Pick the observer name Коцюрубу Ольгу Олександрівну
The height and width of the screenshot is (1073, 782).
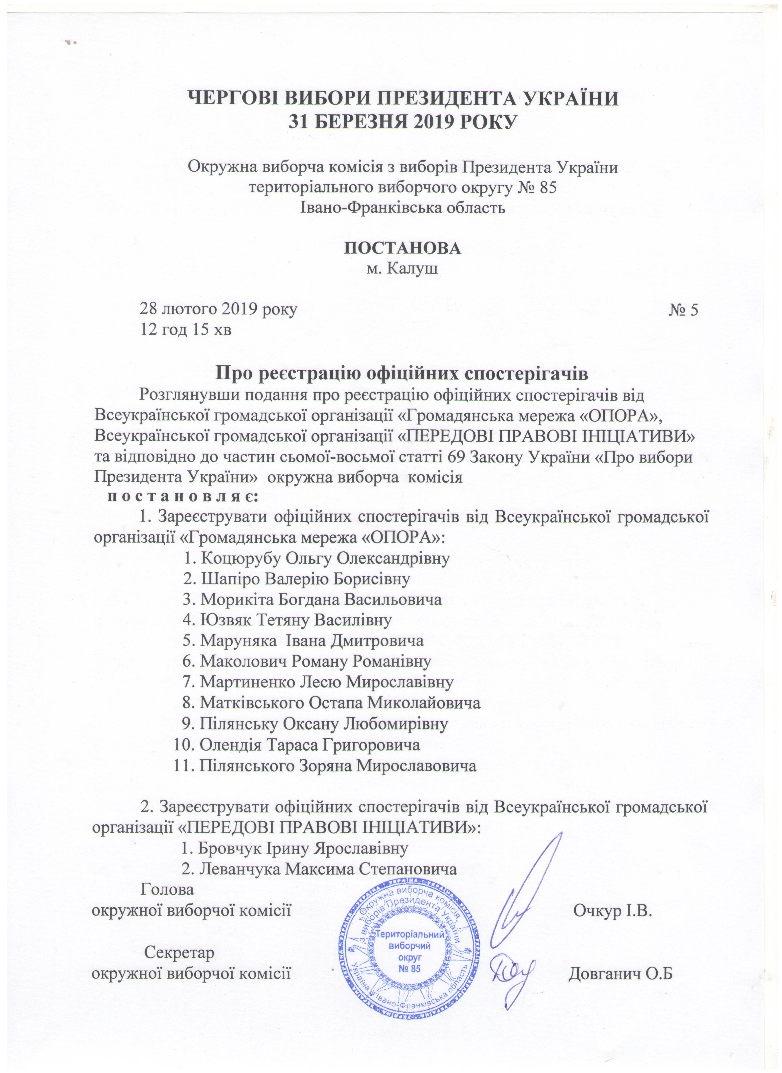click(317, 558)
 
